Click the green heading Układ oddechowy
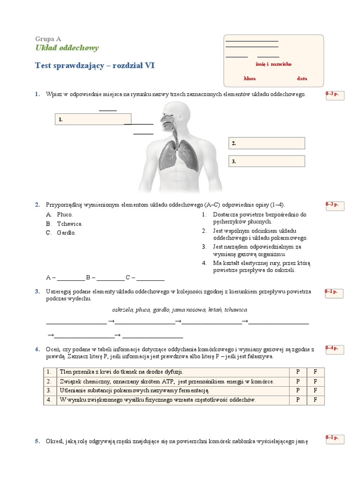click(67, 48)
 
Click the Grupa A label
click(48, 39)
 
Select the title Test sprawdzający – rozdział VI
click(95, 66)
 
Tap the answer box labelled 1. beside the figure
click(93, 119)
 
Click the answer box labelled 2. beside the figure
click(267, 143)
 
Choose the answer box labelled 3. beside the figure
click(267, 161)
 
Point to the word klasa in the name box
click(249, 79)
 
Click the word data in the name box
click(302, 79)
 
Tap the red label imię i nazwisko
click(273, 64)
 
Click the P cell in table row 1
click(298, 372)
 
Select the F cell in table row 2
click(315, 381)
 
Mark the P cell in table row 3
click(298, 390)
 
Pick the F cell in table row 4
click(315, 400)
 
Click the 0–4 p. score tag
click(335, 349)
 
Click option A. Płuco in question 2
click(59, 214)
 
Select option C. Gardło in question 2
click(61, 232)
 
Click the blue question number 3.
click(37, 292)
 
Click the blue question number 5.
click(37, 441)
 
